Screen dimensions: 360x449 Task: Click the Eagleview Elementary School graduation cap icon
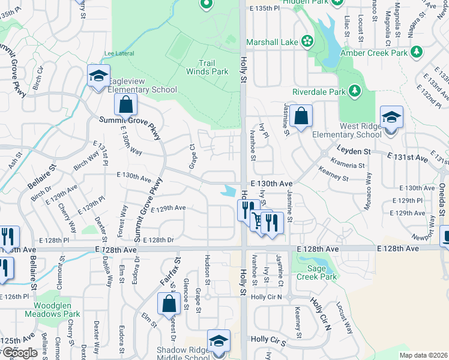(97, 76)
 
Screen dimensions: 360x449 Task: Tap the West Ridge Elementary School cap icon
(391, 117)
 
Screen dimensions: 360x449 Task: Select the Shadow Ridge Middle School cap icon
(218, 341)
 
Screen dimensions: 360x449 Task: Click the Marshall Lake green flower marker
(307, 41)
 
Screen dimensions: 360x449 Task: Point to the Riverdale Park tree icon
(355, 91)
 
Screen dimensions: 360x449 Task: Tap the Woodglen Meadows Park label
(53, 313)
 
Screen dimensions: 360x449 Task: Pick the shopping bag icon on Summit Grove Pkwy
(126, 106)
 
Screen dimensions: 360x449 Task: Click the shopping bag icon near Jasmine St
(301, 115)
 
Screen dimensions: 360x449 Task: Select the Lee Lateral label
(118, 53)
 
